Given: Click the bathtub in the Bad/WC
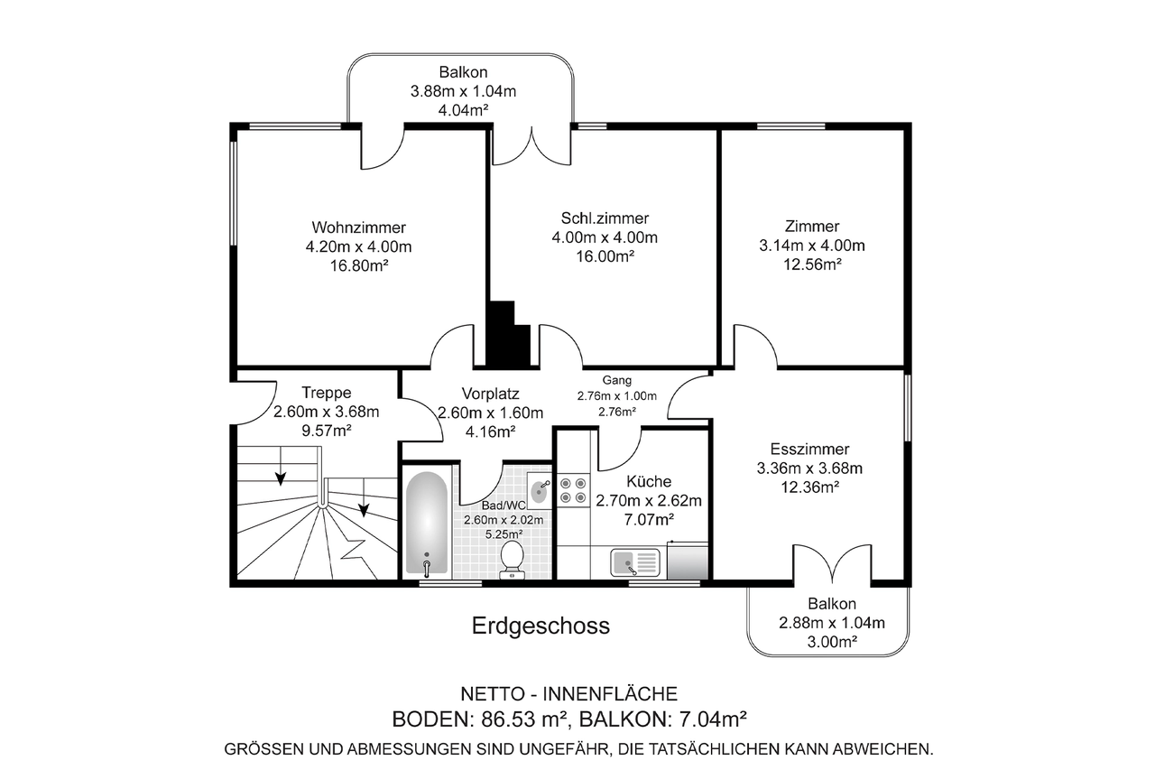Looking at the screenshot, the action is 427,523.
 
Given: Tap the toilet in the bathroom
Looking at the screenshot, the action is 512,560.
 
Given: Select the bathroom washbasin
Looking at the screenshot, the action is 540,490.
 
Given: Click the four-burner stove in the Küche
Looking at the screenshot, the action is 573,490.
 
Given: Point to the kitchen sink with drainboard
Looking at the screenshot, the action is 634,562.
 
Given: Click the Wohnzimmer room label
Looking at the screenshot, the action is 359,227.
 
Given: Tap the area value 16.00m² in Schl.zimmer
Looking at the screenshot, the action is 605,255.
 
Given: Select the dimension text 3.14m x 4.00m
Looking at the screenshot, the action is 811,246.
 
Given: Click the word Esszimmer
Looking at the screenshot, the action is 809,450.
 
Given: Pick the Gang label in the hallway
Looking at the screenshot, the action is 616,381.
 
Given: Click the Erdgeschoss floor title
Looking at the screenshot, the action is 541,626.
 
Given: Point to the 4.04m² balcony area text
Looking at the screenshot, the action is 463,110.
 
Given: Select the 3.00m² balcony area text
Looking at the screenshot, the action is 832,642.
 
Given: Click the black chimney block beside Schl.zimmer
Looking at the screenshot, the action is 508,334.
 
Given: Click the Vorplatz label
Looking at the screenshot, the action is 490,394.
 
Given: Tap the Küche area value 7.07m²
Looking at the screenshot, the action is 649,519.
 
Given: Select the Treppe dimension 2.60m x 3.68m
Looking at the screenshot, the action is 327,412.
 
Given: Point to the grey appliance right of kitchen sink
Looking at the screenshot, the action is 688,561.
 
